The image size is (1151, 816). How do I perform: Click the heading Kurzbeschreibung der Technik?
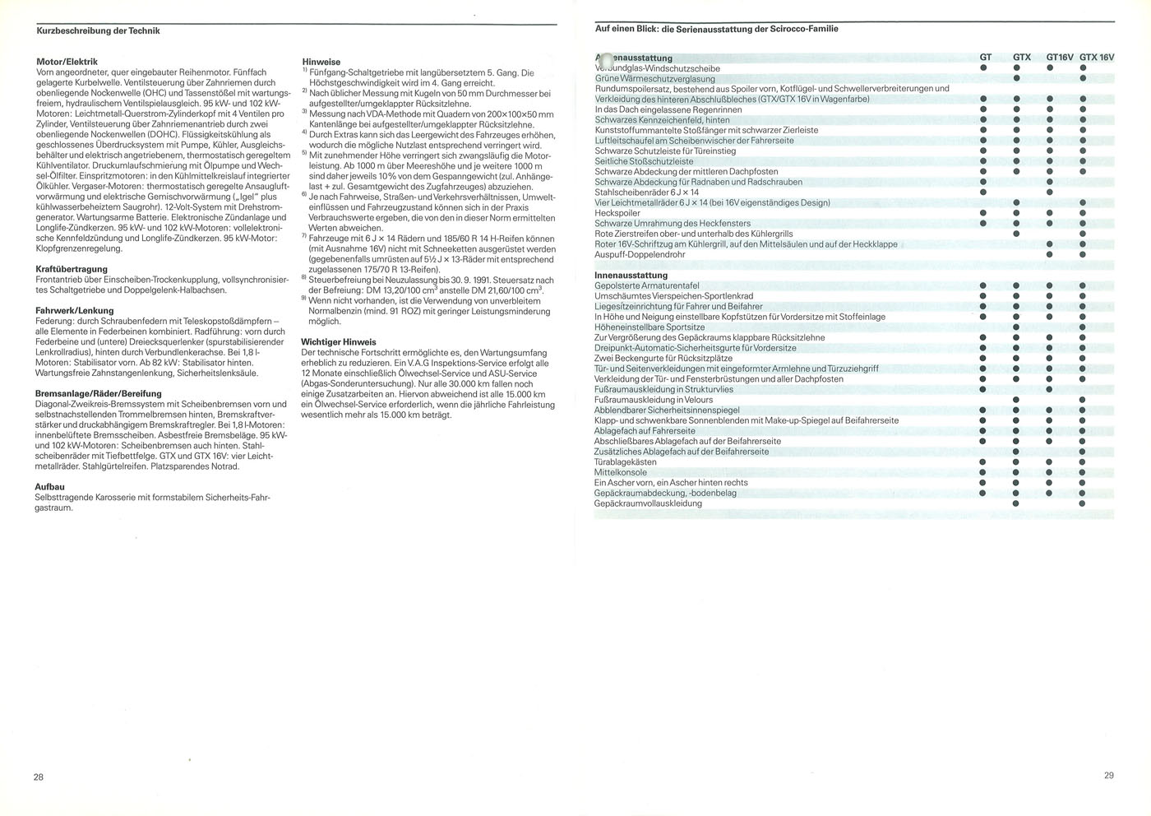click(98, 31)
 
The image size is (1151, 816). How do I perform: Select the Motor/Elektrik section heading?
click(67, 62)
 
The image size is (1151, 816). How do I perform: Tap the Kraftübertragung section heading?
click(72, 269)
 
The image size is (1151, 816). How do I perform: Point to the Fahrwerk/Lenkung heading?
click(75, 311)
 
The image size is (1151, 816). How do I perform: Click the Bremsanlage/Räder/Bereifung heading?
click(99, 394)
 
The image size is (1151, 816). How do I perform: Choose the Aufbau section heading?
click(50, 487)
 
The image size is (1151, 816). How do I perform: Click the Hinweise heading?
click(321, 62)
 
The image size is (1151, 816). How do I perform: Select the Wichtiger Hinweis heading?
click(339, 342)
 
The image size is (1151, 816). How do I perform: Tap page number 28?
click(39, 777)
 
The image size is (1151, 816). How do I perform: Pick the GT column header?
click(985, 58)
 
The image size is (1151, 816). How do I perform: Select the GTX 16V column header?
click(1097, 58)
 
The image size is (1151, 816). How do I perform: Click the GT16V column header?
click(1060, 58)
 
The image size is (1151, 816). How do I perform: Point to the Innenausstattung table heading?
click(631, 276)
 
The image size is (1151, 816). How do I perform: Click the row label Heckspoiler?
click(617, 213)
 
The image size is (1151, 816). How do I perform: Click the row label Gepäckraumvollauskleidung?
click(648, 503)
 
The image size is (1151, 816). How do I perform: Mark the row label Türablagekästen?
click(626, 462)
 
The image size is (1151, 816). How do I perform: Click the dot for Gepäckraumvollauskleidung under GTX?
click(1016, 503)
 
